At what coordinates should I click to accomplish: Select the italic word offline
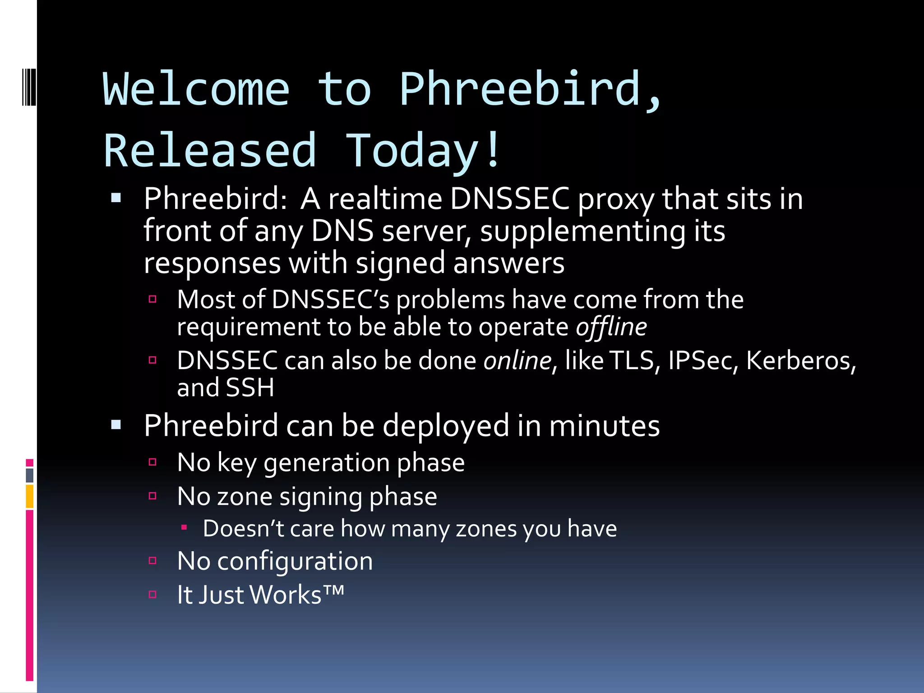[x=611, y=327]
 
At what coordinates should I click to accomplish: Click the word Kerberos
[x=800, y=361]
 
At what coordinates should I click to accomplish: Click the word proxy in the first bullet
[x=615, y=200]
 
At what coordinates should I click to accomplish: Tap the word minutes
[x=604, y=426]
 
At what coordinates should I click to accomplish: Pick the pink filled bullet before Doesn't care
[x=184, y=527]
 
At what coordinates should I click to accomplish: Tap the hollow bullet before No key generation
[x=152, y=462]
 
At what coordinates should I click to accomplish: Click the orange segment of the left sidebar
[x=30, y=496]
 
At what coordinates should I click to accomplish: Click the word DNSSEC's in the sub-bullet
[x=331, y=300]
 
